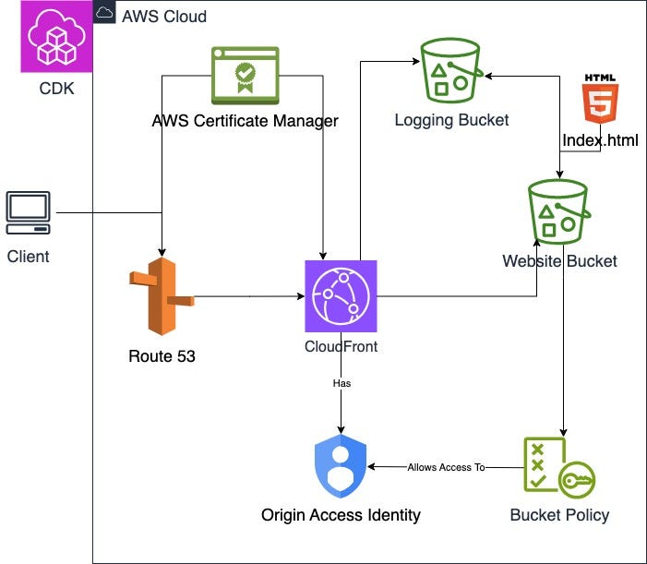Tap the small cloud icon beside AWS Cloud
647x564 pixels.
(105, 14)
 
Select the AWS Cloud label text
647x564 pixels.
(164, 17)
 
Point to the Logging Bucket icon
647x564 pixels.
(450, 70)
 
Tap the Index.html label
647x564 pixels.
(600, 140)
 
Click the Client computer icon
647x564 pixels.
(28, 215)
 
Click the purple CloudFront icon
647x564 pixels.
(341, 296)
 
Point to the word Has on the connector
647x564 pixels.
(341, 381)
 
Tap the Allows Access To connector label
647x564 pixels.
(446, 467)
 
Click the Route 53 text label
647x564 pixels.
(162, 356)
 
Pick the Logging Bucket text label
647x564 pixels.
(451, 120)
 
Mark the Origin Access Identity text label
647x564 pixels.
(341, 515)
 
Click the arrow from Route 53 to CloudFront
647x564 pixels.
(249, 297)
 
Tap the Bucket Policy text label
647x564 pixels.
(559, 515)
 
